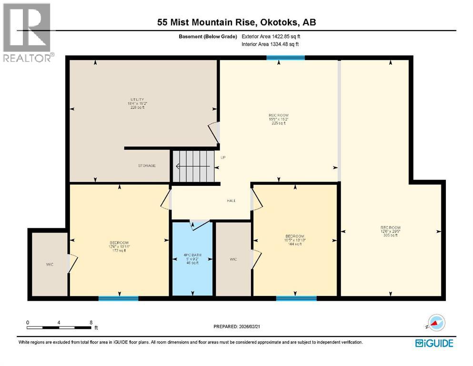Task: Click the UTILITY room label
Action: [136, 103]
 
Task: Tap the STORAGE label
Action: [147, 166]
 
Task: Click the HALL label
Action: [231, 201]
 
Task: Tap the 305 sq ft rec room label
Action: [390, 231]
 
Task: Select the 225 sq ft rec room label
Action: [278, 119]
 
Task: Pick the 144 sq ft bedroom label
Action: [294, 240]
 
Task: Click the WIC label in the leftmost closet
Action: [49, 264]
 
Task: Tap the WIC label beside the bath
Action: [233, 259]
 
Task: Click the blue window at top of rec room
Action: [285, 58]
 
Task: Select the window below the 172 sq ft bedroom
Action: [118, 299]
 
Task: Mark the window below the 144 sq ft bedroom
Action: [296, 299]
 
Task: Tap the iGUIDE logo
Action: [434, 343]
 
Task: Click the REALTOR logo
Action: [27, 33]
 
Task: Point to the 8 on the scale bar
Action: [91, 322]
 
